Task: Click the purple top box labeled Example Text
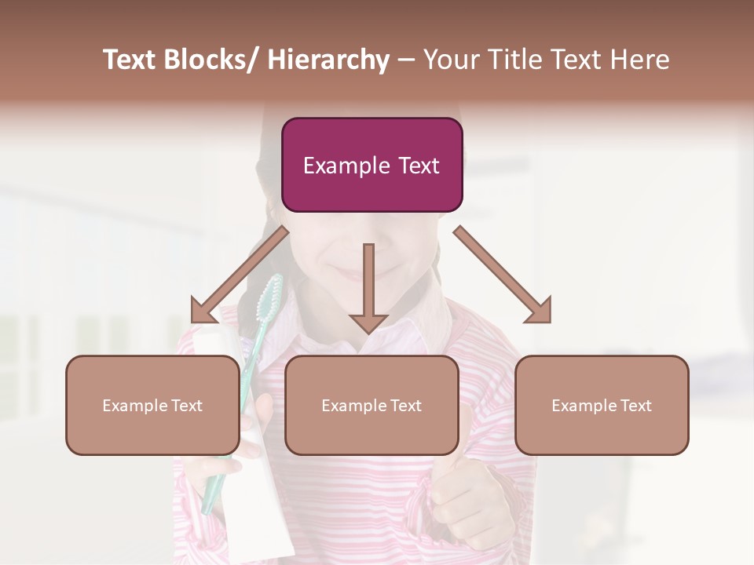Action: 372,165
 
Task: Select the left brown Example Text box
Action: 152,405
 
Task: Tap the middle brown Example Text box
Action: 372,405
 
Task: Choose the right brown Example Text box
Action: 602,405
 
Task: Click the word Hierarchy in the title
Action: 328,60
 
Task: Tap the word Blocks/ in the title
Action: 211,60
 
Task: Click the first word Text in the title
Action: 130,60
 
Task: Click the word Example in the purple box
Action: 336,166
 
